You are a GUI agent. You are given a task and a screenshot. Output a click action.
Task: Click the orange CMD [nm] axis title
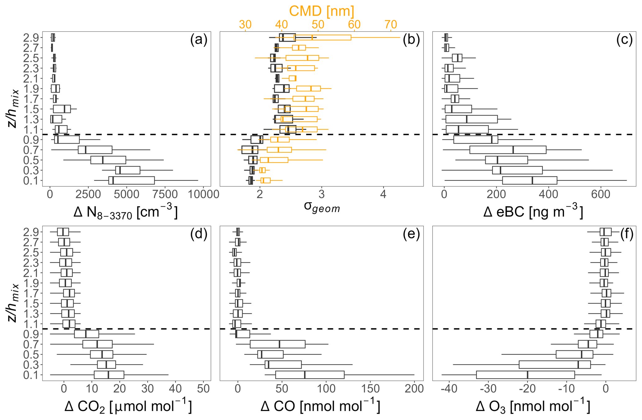321,11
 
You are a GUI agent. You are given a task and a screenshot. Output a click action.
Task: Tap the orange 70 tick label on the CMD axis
390,24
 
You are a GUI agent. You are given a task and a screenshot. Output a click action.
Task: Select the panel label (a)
198,40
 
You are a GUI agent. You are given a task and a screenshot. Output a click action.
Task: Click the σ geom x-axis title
322,207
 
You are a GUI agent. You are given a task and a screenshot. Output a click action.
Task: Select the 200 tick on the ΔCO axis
414,389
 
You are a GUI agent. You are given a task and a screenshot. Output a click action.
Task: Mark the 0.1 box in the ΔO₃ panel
525,375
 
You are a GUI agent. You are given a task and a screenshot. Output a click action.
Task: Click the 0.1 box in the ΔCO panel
310,375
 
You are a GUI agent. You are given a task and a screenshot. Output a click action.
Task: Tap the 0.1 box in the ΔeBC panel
530,180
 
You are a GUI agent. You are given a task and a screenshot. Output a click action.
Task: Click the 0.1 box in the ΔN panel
131,180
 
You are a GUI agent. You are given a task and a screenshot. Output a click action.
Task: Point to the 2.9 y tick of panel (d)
31,232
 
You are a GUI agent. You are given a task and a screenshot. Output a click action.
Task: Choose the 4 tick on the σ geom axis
383,194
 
